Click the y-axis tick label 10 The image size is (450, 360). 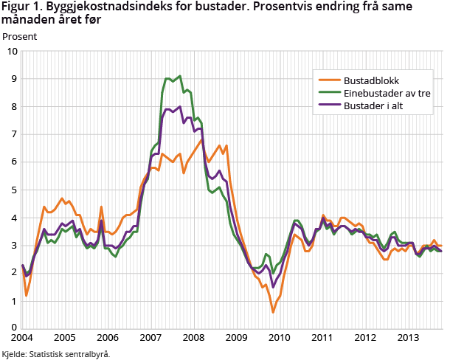pos(13,52)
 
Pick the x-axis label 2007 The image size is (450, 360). pos(150,339)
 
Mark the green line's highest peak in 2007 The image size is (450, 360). pos(179,75)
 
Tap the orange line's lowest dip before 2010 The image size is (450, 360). pos(273,312)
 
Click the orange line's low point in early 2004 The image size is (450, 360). pos(27,296)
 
